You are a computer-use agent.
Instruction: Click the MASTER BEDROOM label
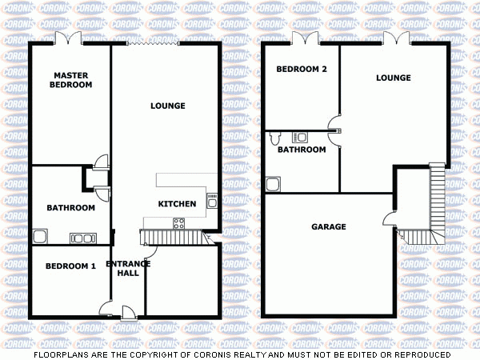point(70,80)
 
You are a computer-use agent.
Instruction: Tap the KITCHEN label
point(177,204)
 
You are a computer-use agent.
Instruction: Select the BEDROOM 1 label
point(70,266)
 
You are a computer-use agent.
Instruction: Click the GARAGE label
point(329,226)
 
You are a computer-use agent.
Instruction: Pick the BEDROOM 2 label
point(302,70)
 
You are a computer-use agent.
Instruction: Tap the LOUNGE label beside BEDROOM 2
point(394,78)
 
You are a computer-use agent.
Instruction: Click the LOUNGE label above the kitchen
point(168,106)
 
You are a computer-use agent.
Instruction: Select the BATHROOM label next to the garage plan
point(302,150)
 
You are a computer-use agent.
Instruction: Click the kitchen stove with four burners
point(181,223)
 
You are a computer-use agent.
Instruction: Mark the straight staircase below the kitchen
point(171,237)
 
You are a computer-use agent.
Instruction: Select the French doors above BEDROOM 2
point(304,38)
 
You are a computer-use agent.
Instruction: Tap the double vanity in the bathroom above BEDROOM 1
point(82,237)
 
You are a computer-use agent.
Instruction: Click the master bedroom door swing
point(101,162)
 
